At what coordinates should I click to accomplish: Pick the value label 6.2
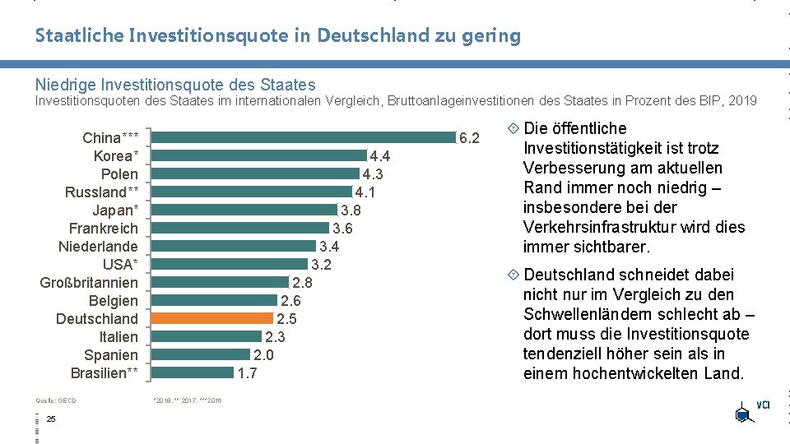(x=469, y=137)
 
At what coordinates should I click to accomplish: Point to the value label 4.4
(x=380, y=156)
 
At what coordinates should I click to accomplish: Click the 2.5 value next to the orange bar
(x=286, y=319)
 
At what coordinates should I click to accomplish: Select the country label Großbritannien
(x=89, y=282)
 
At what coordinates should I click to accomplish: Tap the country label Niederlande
(x=98, y=246)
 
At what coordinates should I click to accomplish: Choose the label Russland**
(x=101, y=192)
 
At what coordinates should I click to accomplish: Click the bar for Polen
(x=255, y=173)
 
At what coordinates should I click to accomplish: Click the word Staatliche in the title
(x=79, y=35)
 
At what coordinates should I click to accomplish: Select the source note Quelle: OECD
(x=56, y=400)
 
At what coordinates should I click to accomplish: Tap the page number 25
(x=51, y=420)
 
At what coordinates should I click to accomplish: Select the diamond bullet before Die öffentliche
(x=513, y=128)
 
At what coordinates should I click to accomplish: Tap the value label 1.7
(x=247, y=373)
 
